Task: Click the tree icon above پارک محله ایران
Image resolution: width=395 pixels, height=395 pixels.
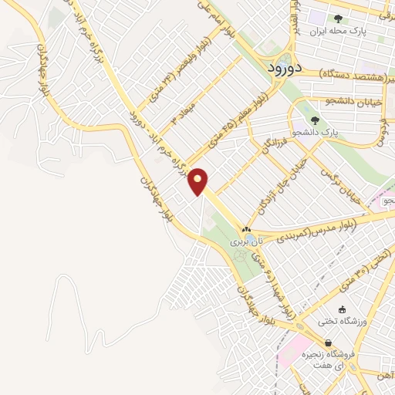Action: [x=338, y=19]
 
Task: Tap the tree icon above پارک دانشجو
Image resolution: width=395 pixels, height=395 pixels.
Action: [x=314, y=120]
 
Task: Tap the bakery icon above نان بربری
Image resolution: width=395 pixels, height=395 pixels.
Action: [x=246, y=229]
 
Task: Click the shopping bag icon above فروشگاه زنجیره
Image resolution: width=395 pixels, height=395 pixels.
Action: [x=329, y=343]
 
